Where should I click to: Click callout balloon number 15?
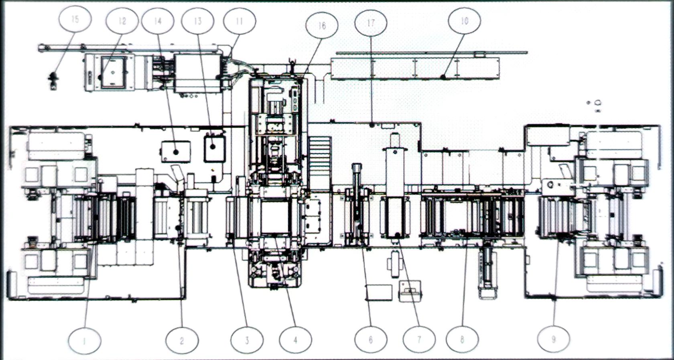[75, 19]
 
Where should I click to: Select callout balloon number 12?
[122, 21]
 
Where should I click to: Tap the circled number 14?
[158, 21]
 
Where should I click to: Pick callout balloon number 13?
[197, 21]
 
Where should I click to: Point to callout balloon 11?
[240, 21]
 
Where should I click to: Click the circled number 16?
[322, 25]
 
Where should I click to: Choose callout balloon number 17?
[371, 23]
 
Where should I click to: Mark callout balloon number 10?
[465, 20]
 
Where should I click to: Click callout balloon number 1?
[84, 341]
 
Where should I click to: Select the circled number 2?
[182, 341]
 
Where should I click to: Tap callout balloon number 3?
[247, 340]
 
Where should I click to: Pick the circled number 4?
[295, 340]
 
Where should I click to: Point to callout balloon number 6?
[371, 340]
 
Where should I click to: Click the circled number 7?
[419, 340]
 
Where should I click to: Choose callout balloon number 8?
[462, 340]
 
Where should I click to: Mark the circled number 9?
[554, 340]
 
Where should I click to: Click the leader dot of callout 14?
[176, 152]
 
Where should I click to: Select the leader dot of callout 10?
[443, 76]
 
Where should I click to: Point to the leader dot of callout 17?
[372, 125]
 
